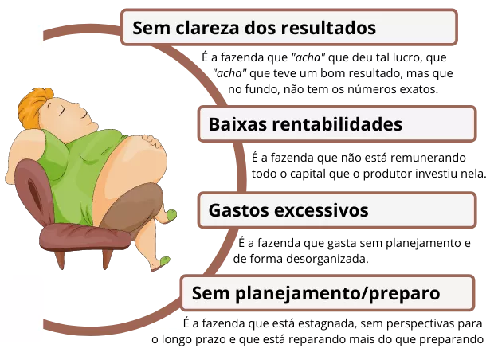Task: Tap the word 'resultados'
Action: pos(327,29)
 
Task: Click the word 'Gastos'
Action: pos(238,211)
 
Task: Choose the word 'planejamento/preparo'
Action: pos(339,293)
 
